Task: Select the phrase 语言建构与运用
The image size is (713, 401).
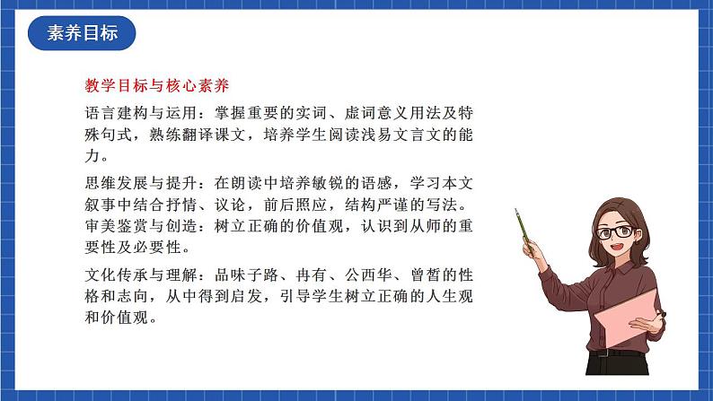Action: [135, 114]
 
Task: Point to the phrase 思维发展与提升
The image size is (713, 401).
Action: [135, 183]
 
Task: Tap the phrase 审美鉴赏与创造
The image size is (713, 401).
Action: [135, 226]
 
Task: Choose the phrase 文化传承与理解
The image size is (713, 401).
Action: [135, 274]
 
